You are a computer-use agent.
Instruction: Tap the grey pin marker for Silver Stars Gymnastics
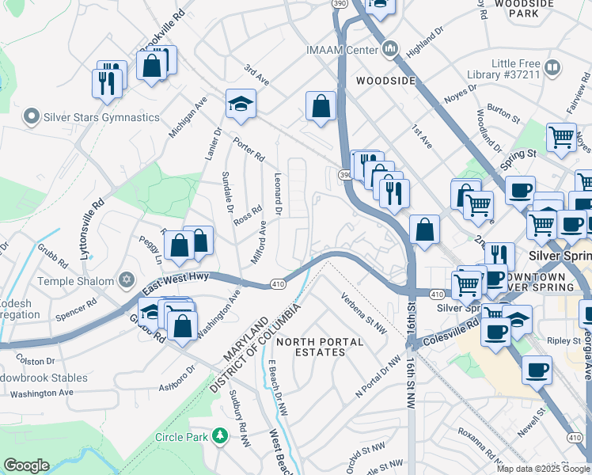click(x=32, y=117)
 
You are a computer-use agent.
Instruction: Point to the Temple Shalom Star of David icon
click(x=126, y=279)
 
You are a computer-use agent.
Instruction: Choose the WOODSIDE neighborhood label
click(x=385, y=81)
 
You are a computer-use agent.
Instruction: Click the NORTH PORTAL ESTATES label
click(x=319, y=348)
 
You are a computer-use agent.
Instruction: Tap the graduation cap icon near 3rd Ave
click(x=240, y=104)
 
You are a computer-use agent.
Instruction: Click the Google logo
click(x=27, y=465)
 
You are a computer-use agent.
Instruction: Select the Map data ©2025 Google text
click(x=543, y=469)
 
